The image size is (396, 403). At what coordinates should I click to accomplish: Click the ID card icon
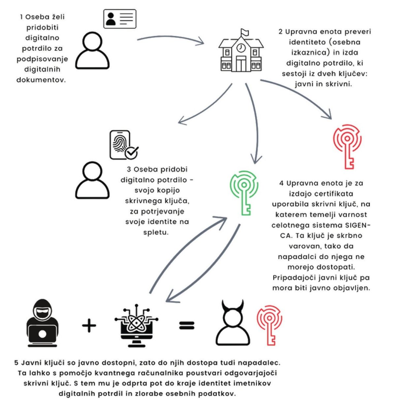coord(120,19)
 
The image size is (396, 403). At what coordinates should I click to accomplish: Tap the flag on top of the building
coord(244,32)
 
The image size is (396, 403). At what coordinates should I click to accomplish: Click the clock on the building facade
coord(241,48)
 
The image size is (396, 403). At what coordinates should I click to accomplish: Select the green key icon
coord(244,193)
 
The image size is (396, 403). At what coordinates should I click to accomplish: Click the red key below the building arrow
coord(347,147)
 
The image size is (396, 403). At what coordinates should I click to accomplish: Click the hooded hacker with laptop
coord(43,323)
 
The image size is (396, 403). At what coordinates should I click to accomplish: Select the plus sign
coord(89,325)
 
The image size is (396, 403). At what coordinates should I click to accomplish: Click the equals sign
coord(187,326)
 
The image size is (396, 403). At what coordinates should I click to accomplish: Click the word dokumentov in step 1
coord(41,80)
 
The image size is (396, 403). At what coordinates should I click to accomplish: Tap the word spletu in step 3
coord(156,232)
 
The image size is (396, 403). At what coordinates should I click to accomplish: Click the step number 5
coord(16,363)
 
